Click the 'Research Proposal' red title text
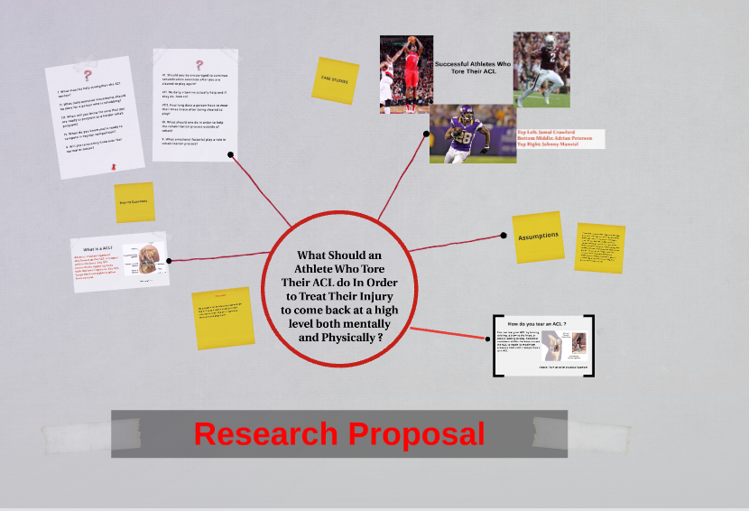point(339,434)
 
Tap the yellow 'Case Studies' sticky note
point(335,80)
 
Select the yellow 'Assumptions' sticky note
point(539,237)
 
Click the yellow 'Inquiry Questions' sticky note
point(134,202)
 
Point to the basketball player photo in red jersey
point(407,73)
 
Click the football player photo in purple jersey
point(473,134)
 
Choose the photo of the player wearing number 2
point(541,70)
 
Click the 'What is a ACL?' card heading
point(98,249)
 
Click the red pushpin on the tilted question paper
point(114,167)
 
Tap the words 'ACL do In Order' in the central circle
point(338,283)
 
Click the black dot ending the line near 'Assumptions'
point(504,235)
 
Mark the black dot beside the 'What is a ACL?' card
point(168,261)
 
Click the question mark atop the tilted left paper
point(88,76)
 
